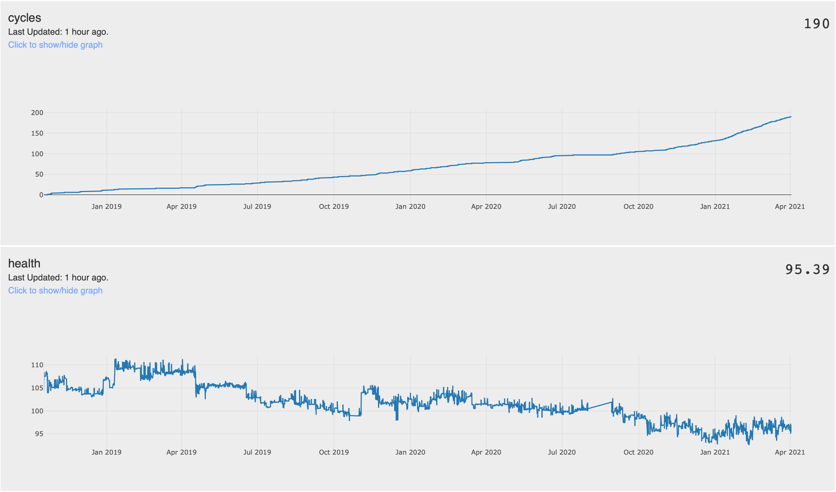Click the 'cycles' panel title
click(24, 18)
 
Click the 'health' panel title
click(24, 264)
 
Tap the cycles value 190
click(816, 24)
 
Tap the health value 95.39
click(807, 270)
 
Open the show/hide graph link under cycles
click(55, 45)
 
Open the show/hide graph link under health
click(55, 290)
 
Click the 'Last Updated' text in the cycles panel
click(58, 32)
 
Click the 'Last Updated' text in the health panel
click(58, 277)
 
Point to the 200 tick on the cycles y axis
click(37, 113)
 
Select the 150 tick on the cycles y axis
click(37, 133)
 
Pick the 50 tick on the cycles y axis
click(39, 174)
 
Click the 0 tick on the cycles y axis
click(41, 195)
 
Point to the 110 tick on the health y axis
click(37, 365)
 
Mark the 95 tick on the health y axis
click(39, 434)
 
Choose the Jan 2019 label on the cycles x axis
click(106, 207)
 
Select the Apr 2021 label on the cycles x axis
click(790, 207)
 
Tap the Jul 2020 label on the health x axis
click(562, 452)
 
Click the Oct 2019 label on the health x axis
click(334, 452)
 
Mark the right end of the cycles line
click(791, 117)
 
